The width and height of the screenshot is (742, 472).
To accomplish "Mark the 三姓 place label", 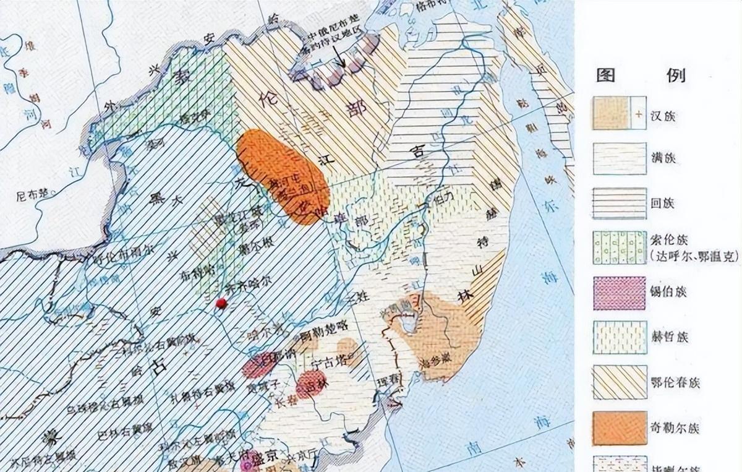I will point(357,296).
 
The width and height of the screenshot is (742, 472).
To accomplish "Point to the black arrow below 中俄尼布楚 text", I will point(339,61).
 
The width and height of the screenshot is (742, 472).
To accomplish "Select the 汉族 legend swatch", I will point(618,113).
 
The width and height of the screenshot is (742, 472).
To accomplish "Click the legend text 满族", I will point(663,159).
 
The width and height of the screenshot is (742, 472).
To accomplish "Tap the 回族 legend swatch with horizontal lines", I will point(618,204).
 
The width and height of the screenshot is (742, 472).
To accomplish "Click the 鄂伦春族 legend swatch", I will point(618,382).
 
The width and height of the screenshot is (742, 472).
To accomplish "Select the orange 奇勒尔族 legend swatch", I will point(618,427).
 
